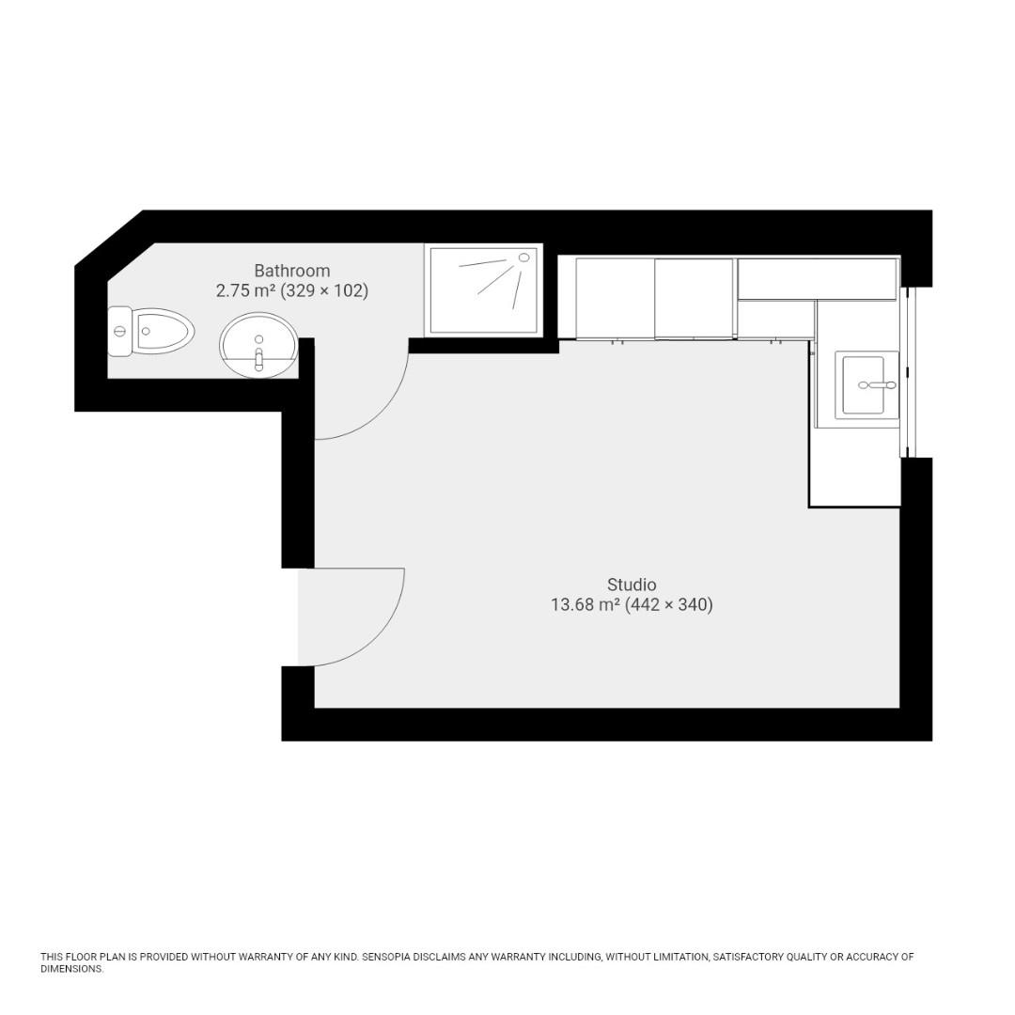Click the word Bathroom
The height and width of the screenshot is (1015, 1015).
point(291,271)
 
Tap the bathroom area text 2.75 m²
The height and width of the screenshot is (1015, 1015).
point(245,291)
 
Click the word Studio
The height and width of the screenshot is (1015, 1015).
point(632,585)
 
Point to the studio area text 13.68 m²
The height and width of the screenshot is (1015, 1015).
point(585,605)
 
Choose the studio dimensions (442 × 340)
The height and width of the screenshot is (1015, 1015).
point(669,605)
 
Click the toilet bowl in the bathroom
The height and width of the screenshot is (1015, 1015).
point(164,331)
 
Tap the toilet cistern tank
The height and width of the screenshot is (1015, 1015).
point(119,331)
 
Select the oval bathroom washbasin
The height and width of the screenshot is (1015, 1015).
point(259,344)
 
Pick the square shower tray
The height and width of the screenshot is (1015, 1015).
point(483,289)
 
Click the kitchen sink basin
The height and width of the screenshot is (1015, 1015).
point(863,385)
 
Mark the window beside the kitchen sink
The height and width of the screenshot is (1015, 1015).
point(906,372)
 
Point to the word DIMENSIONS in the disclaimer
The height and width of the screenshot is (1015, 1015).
point(70,969)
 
